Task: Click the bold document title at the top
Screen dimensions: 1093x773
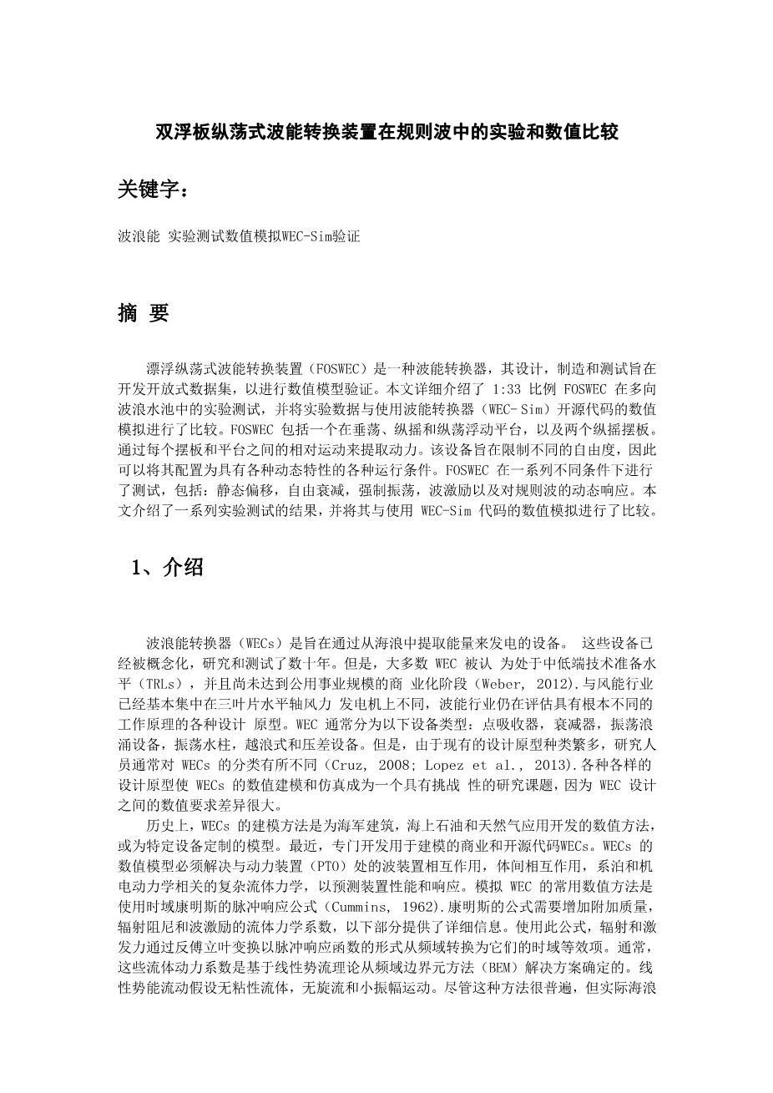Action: [386, 132]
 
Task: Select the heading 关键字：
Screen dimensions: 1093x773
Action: [154, 190]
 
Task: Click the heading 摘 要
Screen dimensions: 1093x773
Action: [144, 313]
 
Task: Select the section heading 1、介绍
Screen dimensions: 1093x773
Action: [167, 568]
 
